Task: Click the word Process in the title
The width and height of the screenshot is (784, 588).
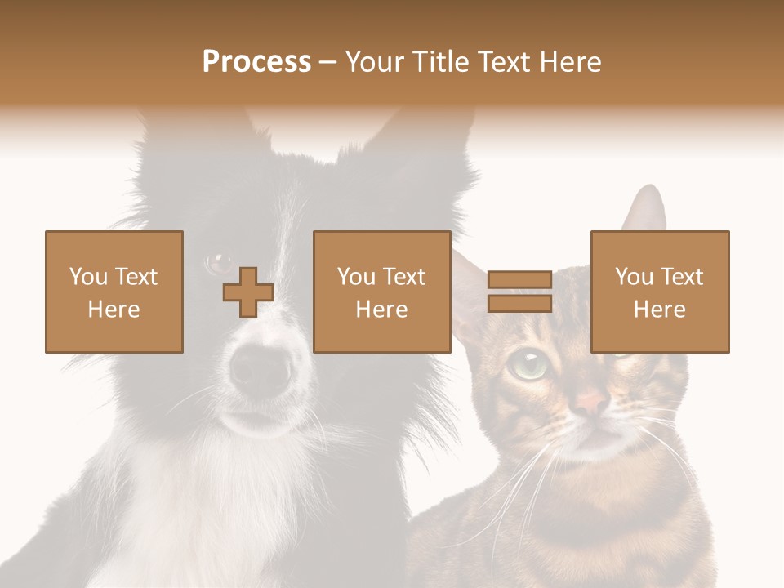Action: (x=256, y=62)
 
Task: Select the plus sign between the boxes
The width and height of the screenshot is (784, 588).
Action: (x=248, y=292)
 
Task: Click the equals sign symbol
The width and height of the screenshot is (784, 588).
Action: (x=519, y=292)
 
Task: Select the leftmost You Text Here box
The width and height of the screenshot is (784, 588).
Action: (x=114, y=292)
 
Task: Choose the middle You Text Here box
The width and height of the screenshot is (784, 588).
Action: (x=382, y=292)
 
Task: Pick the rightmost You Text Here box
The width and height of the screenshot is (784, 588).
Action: (x=660, y=292)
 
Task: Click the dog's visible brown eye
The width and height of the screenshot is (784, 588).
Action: (x=220, y=263)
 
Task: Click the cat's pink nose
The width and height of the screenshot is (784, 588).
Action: (x=591, y=402)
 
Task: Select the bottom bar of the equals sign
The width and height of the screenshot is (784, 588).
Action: (x=519, y=304)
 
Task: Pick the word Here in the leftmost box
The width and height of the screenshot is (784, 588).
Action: (x=114, y=310)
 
